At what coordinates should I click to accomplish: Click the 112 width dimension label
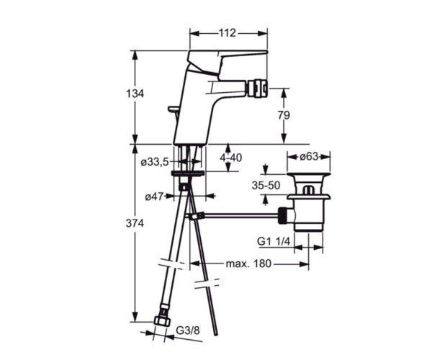point(228,33)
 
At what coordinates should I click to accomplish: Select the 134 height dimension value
point(135,94)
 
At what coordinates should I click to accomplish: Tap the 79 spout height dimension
point(284,115)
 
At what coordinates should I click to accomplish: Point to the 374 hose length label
point(135,223)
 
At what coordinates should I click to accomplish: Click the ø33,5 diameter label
point(155,163)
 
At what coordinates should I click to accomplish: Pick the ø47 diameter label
point(154,197)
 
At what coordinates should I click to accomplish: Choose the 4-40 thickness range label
point(231,158)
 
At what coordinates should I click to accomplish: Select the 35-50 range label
point(266,185)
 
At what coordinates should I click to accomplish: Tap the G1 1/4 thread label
point(274,242)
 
